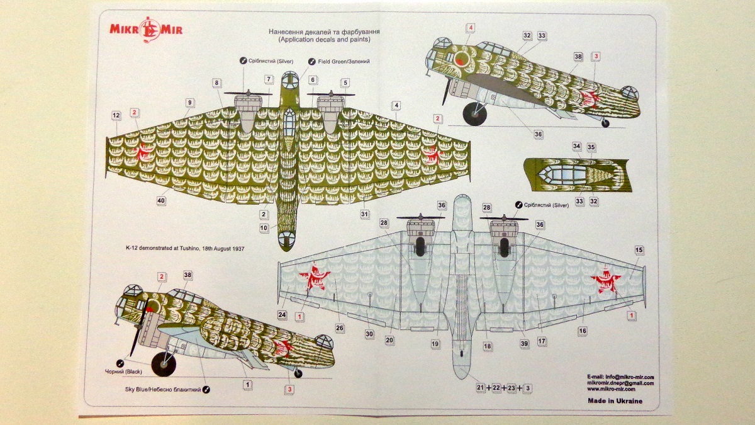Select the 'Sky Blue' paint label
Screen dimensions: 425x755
(163, 390)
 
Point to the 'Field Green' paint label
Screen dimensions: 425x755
(343, 61)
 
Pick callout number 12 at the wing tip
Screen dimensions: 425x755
(116, 116)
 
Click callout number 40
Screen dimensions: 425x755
(161, 201)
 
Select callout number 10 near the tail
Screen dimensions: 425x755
(264, 227)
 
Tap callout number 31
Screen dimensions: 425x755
(364, 215)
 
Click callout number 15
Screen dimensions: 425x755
(639, 251)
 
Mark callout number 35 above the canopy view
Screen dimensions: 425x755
(591, 147)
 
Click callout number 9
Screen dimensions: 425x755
(189, 102)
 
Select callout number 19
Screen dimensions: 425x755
(435, 344)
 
